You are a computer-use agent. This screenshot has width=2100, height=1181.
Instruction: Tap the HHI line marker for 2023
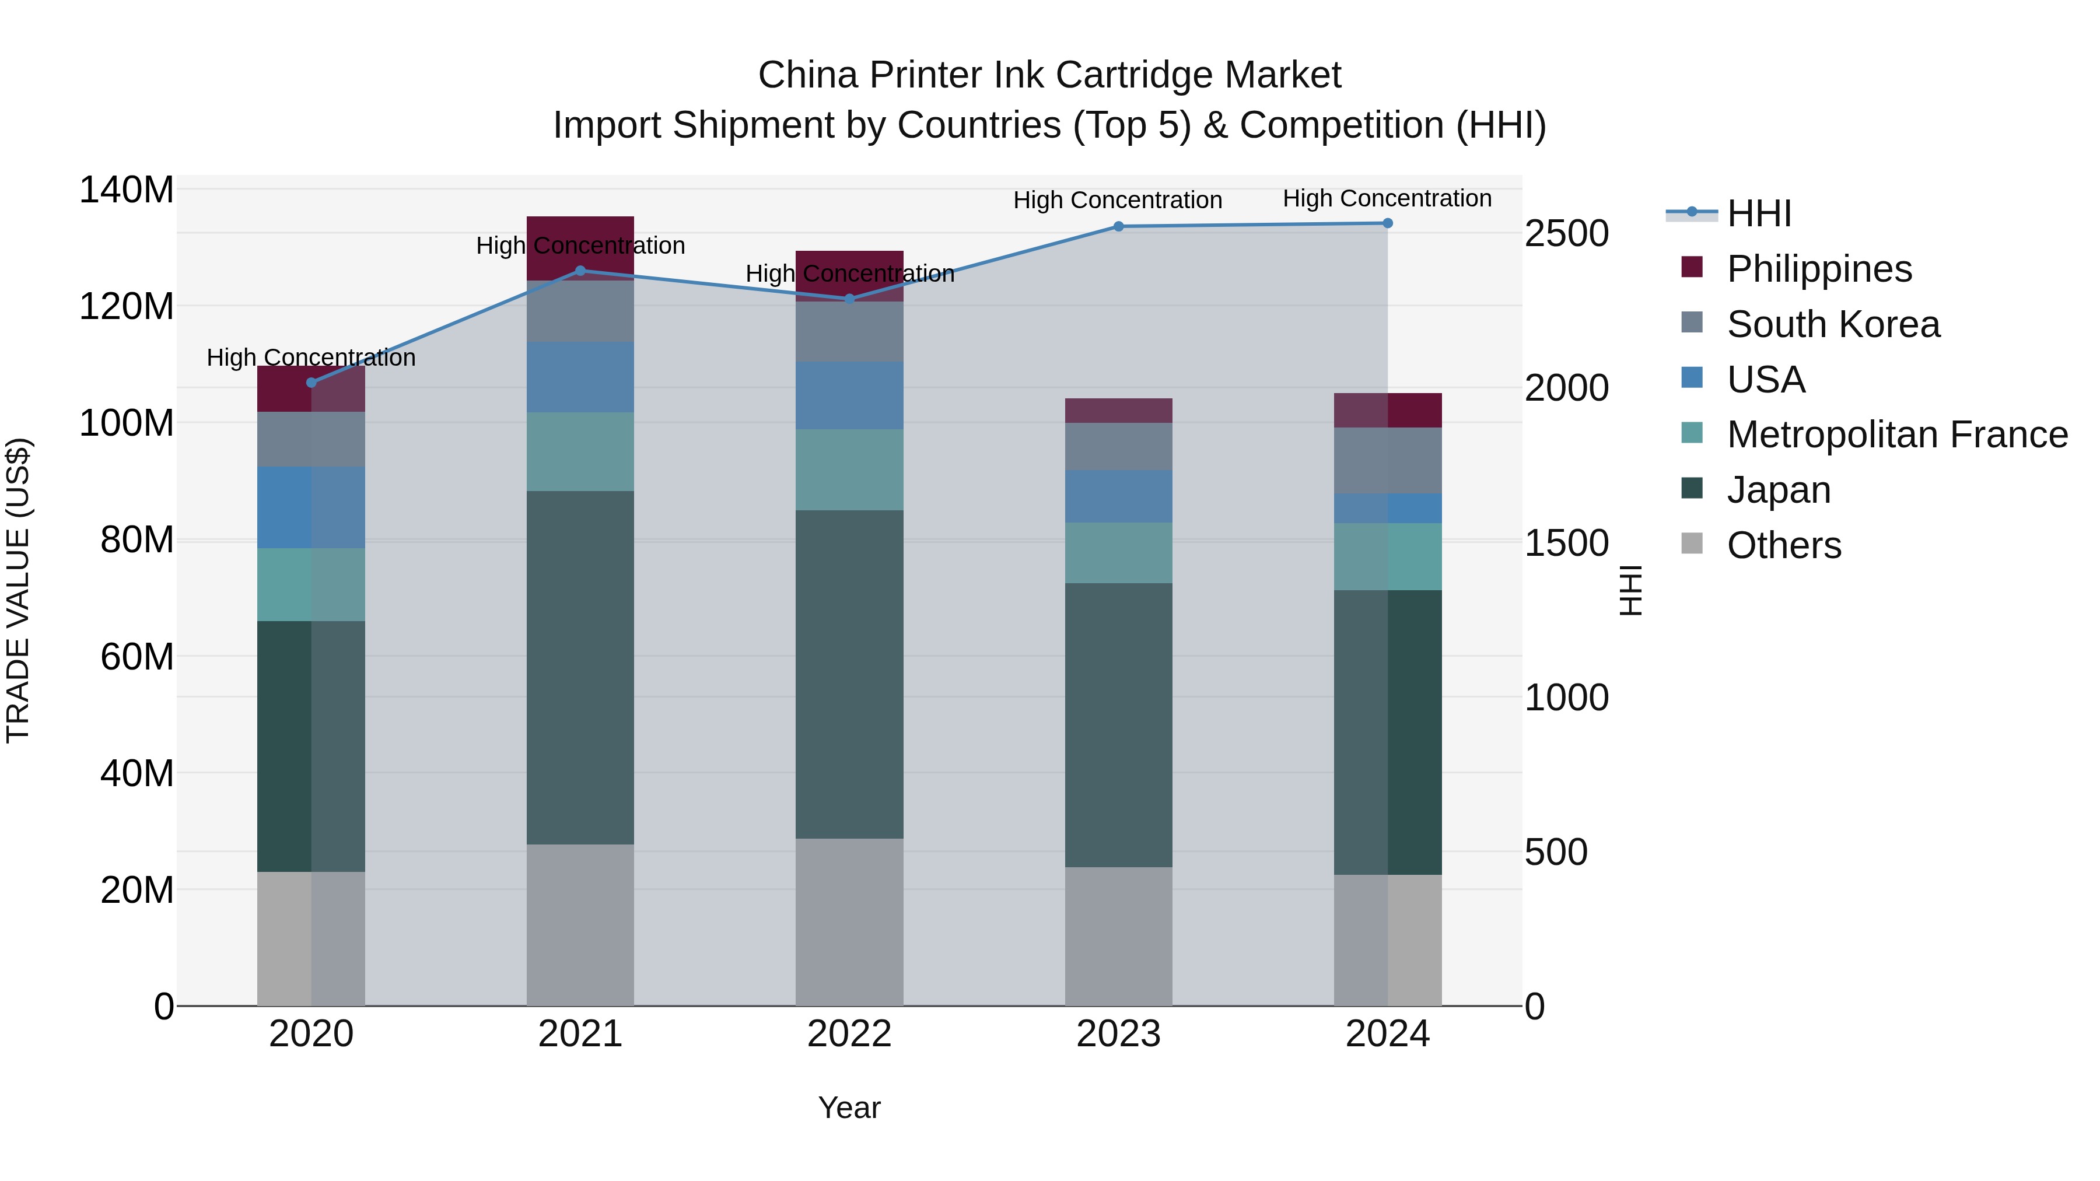[x=1118, y=227]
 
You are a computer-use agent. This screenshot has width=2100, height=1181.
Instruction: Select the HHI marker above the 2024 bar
[x=1388, y=223]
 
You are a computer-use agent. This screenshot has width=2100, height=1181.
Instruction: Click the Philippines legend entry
[x=1819, y=269]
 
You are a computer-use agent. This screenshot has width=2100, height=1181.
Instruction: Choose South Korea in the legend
[x=1833, y=324]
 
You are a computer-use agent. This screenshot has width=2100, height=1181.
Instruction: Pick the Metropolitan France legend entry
[x=1897, y=434]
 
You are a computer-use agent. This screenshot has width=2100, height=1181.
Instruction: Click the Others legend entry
[x=1784, y=545]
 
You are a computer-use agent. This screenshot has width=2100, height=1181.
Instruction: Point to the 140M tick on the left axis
[x=127, y=190]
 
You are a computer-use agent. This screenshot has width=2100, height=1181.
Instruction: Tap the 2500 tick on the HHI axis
[x=1567, y=234]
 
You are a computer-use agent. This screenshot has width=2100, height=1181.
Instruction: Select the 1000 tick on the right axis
[x=1567, y=698]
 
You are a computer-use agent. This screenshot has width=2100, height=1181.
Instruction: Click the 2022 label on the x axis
[x=849, y=1034]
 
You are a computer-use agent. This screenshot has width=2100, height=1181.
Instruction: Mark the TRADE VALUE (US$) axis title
[x=19, y=590]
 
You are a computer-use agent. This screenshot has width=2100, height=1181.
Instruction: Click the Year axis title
[x=849, y=1108]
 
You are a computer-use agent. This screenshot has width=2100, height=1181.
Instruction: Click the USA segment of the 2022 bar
[x=849, y=395]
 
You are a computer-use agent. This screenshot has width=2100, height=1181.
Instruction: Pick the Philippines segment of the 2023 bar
[x=1118, y=411]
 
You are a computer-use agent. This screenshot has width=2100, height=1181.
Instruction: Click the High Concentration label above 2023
[x=1118, y=201]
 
